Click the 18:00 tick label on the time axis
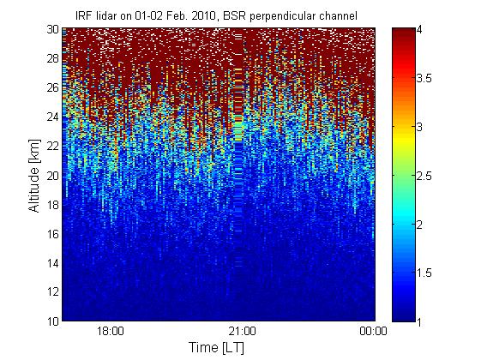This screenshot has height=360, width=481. (111, 332)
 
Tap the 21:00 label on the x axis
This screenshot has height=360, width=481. (242, 332)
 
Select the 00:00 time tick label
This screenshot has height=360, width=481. (373, 332)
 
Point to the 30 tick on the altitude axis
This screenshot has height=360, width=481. (52, 29)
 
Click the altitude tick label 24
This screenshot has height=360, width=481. (52, 117)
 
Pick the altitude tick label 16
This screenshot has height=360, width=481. (52, 234)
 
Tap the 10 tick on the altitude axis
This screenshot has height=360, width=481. (52, 321)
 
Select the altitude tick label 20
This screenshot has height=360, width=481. (52, 176)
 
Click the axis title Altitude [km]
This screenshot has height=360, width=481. (34, 176)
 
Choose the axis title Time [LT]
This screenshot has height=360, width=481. (217, 348)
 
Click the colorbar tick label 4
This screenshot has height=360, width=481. (419, 29)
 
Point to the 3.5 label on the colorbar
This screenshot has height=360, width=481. (424, 78)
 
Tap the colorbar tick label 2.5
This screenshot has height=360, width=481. (424, 176)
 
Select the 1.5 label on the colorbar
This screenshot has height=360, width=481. (424, 273)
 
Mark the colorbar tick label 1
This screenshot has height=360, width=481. (419, 321)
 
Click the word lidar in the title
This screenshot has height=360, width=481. (105, 15)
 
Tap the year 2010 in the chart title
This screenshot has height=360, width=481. (204, 15)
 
